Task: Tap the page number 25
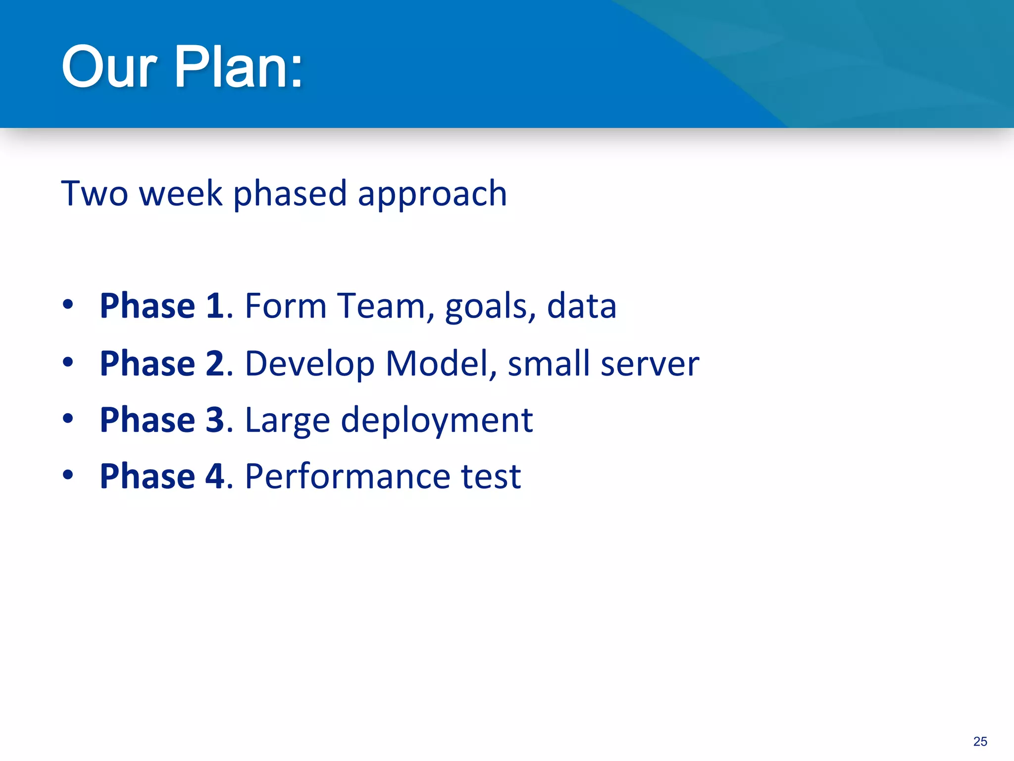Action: click(980, 741)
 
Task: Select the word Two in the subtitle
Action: click(95, 193)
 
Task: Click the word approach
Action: click(432, 194)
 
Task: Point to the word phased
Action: click(290, 194)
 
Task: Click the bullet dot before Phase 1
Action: click(68, 305)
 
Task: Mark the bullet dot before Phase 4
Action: click(68, 475)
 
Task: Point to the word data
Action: click(582, 306)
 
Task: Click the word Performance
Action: click(348, 476)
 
